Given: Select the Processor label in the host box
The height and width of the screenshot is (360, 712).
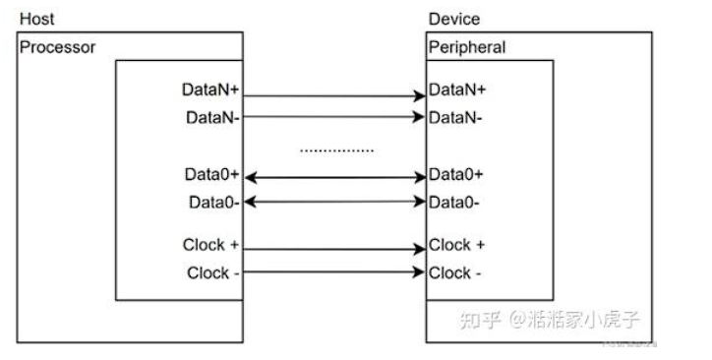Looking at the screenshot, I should tap(58, 47).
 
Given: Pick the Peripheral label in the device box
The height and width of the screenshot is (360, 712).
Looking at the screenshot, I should tap(467, 47).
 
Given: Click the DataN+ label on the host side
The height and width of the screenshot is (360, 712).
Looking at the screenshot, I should tap(211, 90).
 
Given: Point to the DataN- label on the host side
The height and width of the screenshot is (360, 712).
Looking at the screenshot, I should tap(213, 118).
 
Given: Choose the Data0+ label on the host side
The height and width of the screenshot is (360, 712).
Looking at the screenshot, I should tap(212, 175).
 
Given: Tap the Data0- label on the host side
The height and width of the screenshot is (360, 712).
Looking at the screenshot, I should tap(214, 203).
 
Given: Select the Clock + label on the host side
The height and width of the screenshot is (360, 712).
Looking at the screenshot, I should tap(211, 245).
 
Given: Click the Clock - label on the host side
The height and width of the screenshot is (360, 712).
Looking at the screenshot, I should tap(213, 272).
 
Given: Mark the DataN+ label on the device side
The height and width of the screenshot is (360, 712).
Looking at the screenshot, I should tap(457, 90).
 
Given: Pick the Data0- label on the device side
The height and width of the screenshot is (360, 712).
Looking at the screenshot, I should tap(455, 203).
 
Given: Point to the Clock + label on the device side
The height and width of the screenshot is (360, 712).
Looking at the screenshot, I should tap(457, 245).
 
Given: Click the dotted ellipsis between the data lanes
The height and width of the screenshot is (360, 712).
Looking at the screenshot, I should tap(336, 150).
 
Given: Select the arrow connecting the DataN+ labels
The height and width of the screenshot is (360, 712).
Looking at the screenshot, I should tap(334, 95).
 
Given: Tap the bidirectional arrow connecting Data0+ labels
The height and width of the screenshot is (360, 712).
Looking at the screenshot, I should tap(334, 178).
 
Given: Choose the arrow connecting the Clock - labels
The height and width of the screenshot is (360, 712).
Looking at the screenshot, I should tap(334, 276).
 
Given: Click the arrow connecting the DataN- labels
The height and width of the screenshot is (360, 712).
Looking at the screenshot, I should tap(334, 117).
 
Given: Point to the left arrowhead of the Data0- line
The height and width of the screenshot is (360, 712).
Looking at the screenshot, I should tap(248, 203).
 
